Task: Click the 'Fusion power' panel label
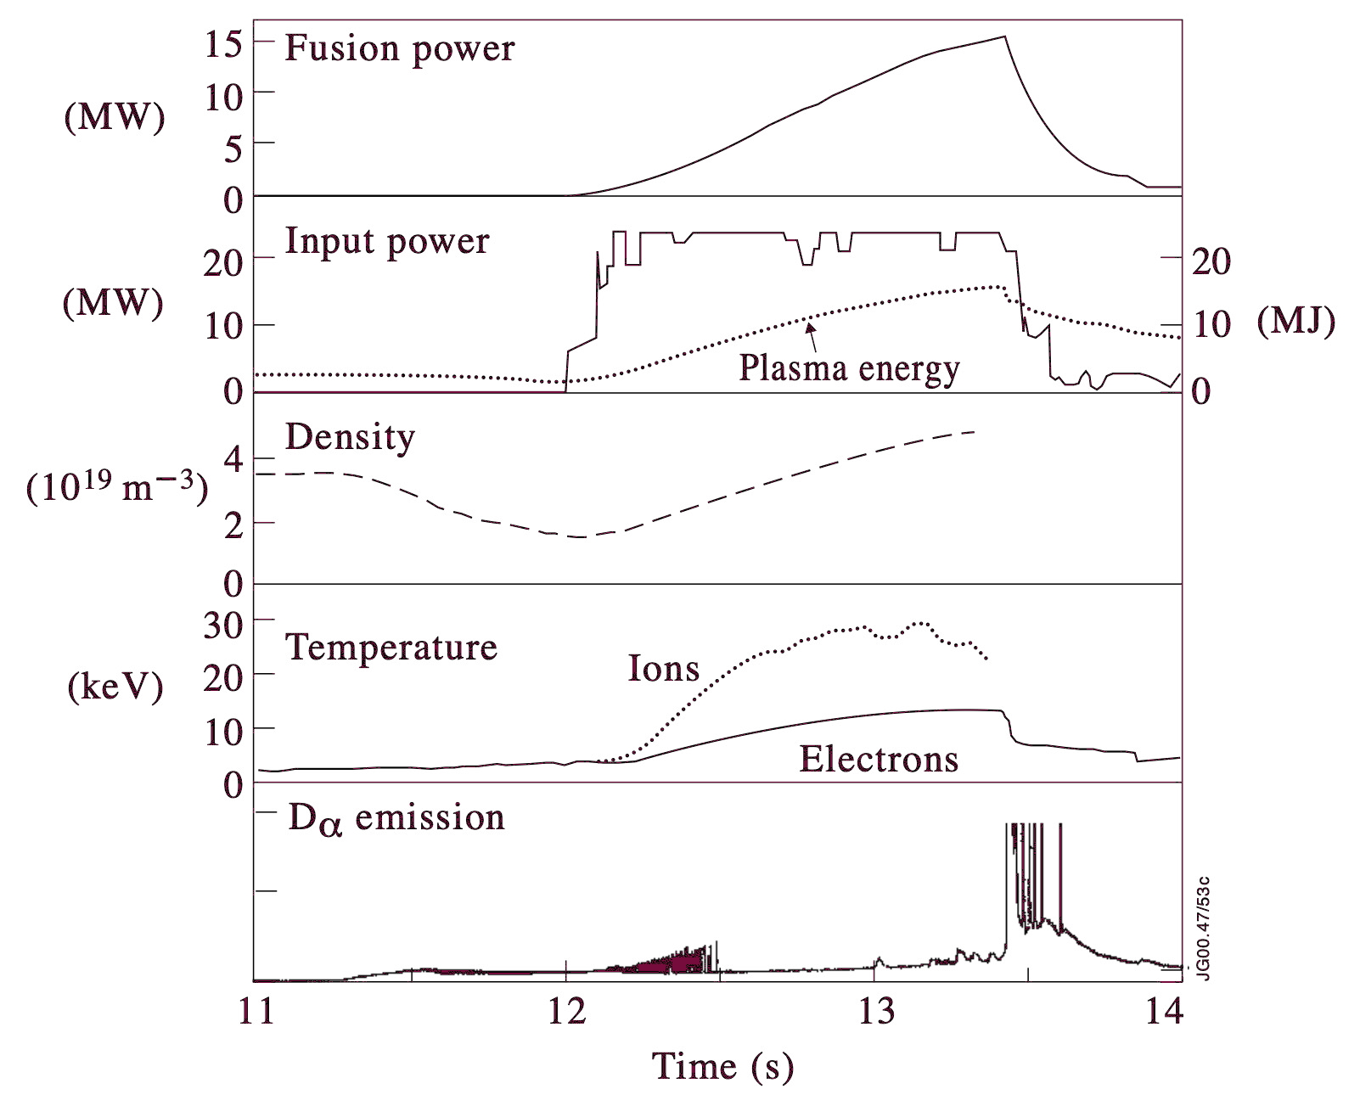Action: tap(399, 49)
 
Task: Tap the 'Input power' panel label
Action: tap(387, 242)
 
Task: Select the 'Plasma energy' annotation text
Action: tap(849, 369)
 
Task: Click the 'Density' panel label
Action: tap(350, 438)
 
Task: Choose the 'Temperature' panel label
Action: tap(391, 648)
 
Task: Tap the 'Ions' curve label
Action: tap(663, 670)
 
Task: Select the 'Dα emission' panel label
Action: tap(396, 819)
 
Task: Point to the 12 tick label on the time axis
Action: tap(566, 1013)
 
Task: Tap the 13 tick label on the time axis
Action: tap(875, 1013)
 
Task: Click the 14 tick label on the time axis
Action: tap(1164, 1013)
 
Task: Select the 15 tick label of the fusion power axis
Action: tap(223, 44)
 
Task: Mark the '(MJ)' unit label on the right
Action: tap(1296, 323)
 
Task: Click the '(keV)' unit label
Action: tap(115, 687)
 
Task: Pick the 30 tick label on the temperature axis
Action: tap(223, 626)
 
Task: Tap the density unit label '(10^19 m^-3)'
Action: tap(117, 488)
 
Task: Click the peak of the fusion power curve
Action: tap(1005, 36)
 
